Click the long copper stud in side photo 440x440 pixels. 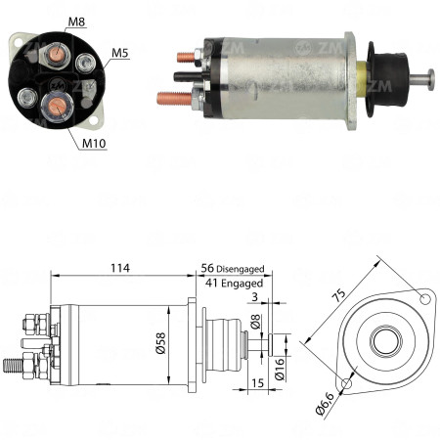(x=174, y=96)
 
